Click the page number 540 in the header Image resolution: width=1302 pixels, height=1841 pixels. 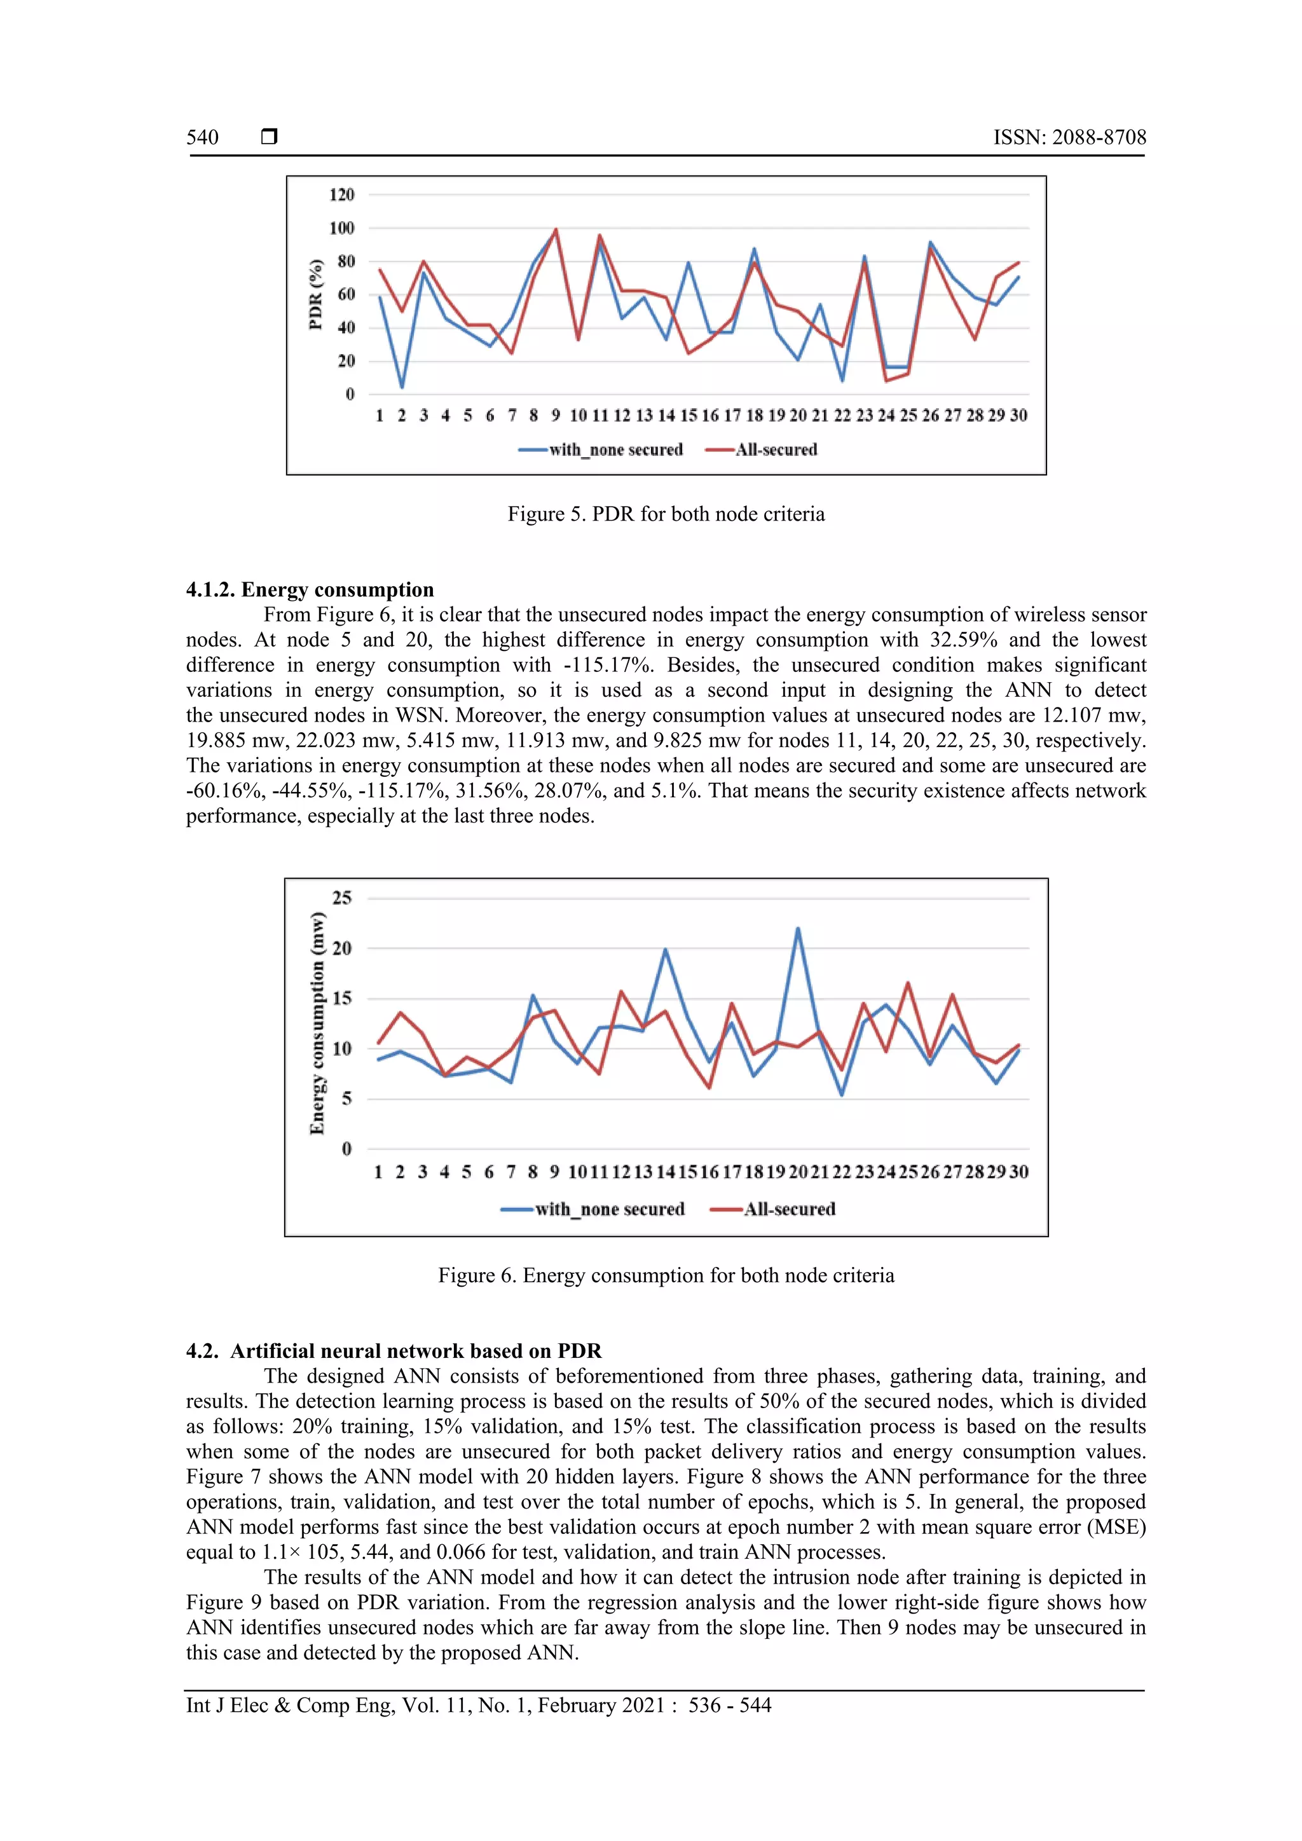pyautogui.click(x=202, y=137)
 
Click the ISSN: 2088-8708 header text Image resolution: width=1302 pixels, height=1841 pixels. pyautogui.click(x=1069, y=137)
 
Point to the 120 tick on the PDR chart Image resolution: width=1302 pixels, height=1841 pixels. pyautogui.click(x=341, y=195)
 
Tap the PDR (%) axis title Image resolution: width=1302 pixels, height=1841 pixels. pyautogui.click(x=316, y=294)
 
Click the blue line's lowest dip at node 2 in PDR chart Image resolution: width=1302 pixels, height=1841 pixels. pyautogui.click(x=402, y=387)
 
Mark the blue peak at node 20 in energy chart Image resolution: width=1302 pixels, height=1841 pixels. pyautogui.click(x=798, y=929)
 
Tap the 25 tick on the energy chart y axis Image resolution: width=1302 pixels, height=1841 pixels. pyautogui.click(x=342, y=898)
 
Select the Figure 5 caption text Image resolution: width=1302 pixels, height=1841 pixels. pyautogui.click(x=666, y=514)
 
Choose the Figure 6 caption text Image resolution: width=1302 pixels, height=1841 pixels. pyautogui.click(x=666, y=1276)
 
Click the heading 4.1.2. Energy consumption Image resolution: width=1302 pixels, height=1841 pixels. pyautogui.click(x=310, y=589)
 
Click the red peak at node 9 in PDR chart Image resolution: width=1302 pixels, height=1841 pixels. pyautogui.click(x=556, y=229)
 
